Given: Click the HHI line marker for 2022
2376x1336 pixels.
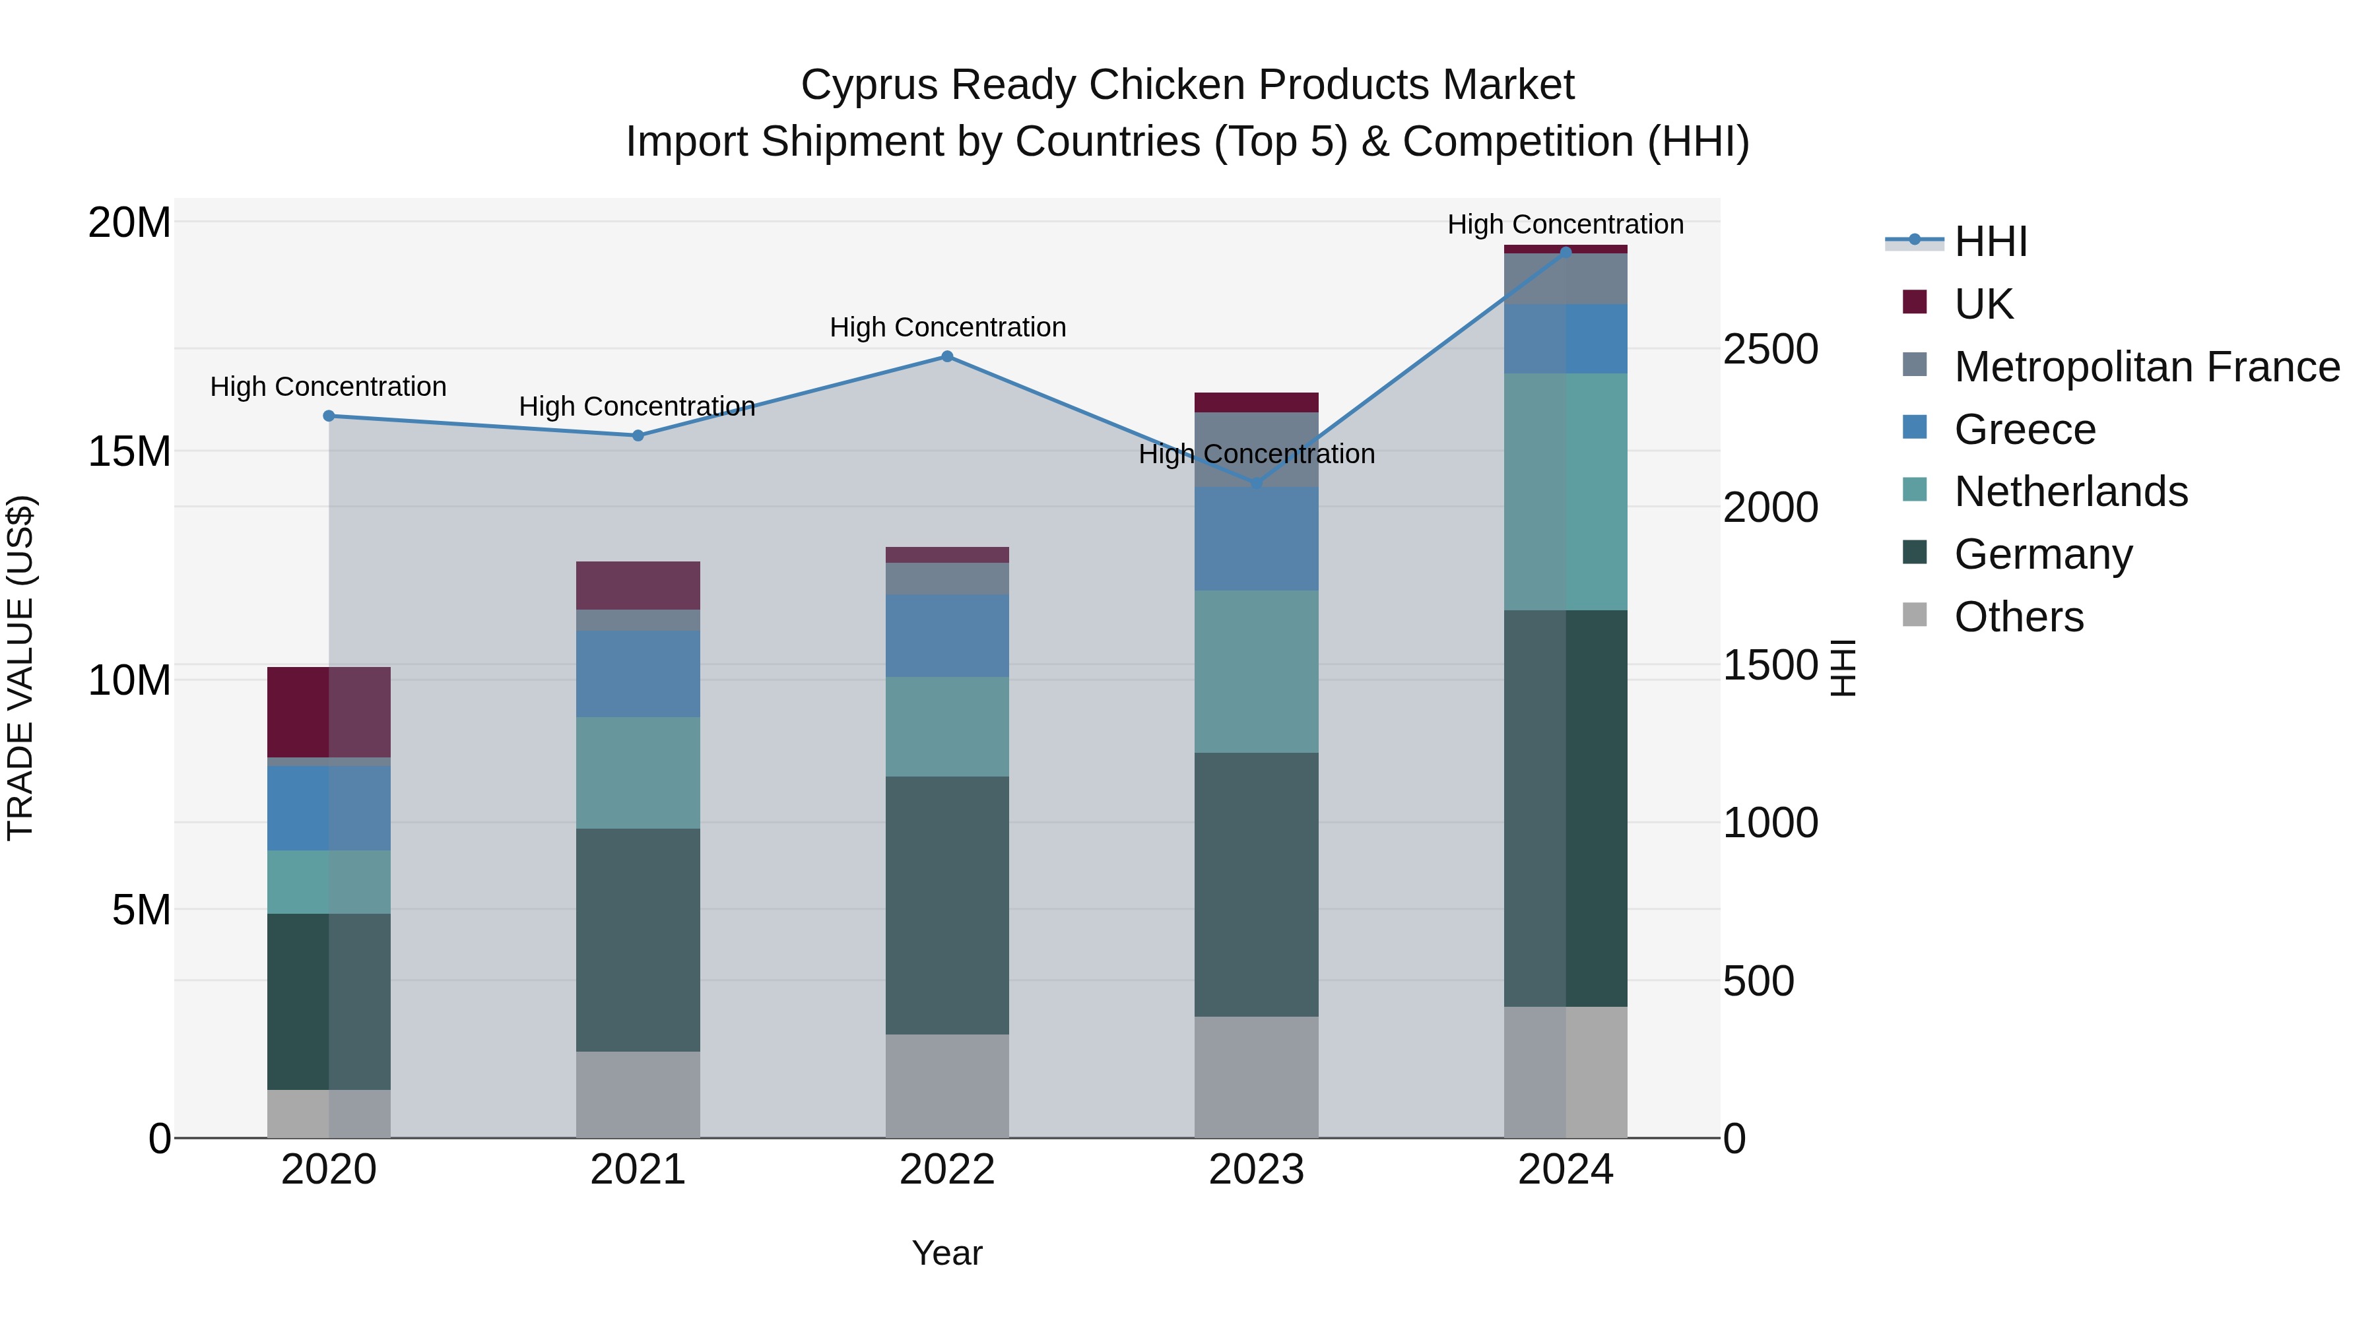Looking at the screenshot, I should coord(947,357).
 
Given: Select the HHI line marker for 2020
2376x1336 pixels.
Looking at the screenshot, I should coord(329,416).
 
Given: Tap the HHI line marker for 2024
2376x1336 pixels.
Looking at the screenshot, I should coord(1566,252).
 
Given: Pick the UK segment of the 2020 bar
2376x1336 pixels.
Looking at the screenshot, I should coord(329,712).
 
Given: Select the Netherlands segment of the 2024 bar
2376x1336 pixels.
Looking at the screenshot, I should coord(1566,492).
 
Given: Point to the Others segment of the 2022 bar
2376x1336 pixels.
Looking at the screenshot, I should coord(947,1085).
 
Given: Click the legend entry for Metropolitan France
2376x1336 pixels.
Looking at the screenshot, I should coord(2146,367).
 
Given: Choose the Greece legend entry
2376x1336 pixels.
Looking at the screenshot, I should coord(2025,429).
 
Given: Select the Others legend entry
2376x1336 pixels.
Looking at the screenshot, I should coord(2018,617).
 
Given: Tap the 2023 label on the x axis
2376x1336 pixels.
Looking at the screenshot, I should coord(1256,1170).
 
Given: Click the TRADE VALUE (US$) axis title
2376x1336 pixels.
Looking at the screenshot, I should coord(20,668).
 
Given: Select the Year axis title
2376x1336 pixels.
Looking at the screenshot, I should coord(947,1253).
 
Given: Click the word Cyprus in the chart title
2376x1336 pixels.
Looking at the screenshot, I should coord(868,85).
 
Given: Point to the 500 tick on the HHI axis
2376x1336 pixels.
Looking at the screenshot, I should coord(1758,981).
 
